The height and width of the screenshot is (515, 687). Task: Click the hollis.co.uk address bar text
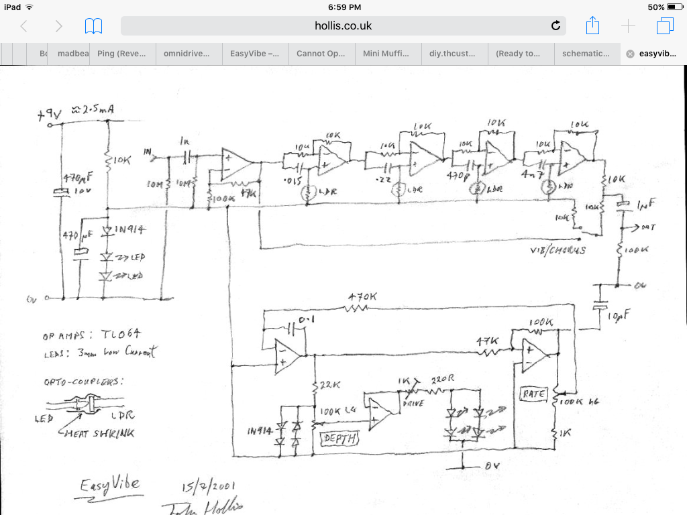coord(343,26)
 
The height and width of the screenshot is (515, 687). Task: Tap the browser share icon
coord(592,26)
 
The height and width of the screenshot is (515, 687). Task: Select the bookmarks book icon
coord(93,26)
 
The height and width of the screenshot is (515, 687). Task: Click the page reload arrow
coord(556,26)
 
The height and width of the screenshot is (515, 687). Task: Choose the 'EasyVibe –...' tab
coord(255,54)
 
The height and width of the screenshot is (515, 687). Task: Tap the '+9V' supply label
coord(50,115)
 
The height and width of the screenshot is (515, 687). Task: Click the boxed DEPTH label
coord(341,439)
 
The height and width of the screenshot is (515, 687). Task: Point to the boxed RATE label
coord(535,394)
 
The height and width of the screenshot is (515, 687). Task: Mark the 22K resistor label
coord(330,385)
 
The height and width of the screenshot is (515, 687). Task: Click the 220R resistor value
coord(442,380)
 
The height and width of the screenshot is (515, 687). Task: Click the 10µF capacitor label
coord(618,314)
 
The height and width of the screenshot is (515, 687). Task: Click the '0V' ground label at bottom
coord(492,465)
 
